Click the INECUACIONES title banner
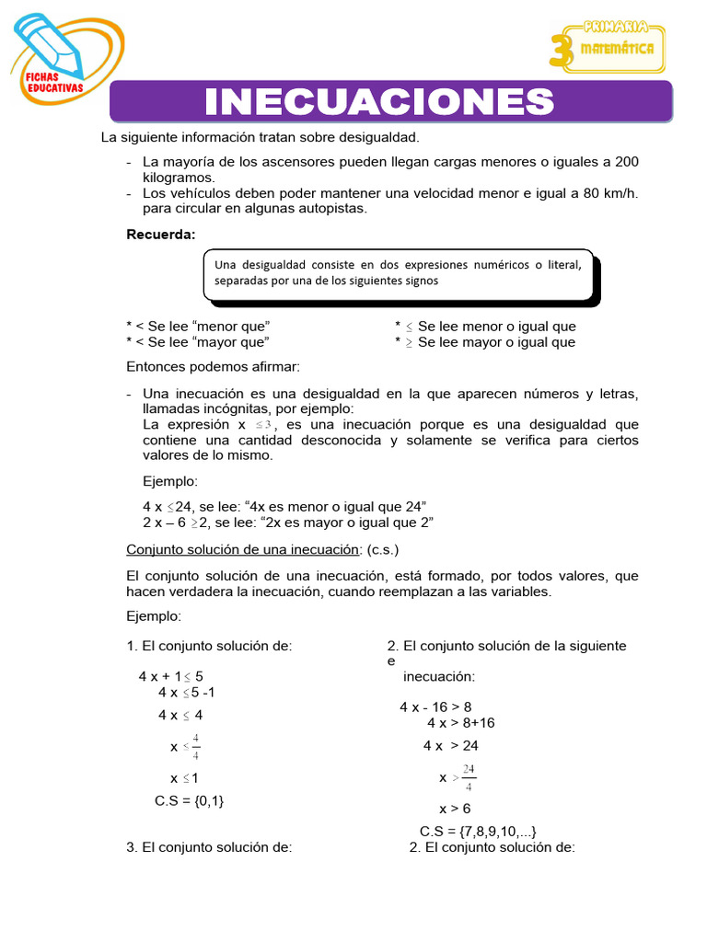pos(391,101)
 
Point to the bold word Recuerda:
pos(161,234)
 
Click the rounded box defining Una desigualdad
pos(398,273)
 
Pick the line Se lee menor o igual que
pos(496,327)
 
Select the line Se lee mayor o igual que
pos(496,342)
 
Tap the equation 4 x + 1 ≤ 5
pos(171,676)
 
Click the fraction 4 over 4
pos(196,746)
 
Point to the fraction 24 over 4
pos(469,777)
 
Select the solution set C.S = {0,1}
pos(190,800)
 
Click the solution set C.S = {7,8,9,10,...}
pos(478,832)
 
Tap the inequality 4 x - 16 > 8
pos(435,706)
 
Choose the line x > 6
pos(455,809)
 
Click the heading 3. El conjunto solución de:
pos(209,847)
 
